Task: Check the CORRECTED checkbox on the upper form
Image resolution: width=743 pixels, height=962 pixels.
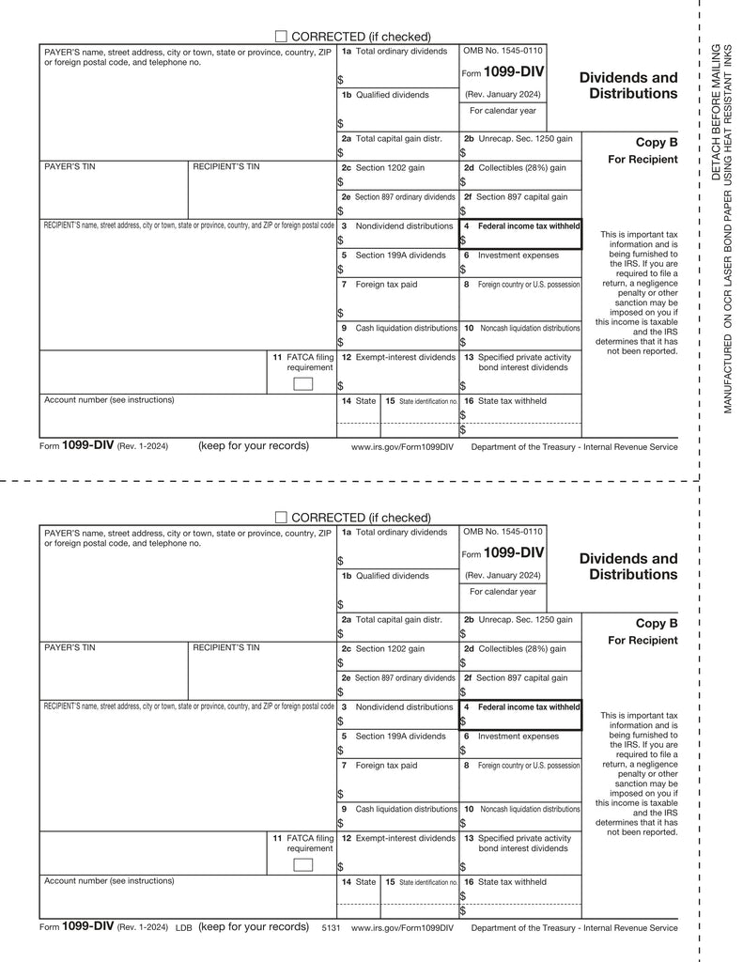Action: pyautogui.click(x=281, y=36)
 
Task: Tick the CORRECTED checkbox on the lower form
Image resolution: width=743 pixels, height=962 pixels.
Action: pyautogui.click(x=281, y=517)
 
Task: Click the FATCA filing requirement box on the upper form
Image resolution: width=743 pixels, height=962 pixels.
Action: pyautogui.click(x=302, y=383)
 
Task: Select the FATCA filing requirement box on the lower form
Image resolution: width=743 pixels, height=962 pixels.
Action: pyautogui.click(x=302, y=864)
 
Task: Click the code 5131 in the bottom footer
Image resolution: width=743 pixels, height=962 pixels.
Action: pyautogui.click(x=331, y=927)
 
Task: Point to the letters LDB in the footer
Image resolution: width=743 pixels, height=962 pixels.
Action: pyautogui.click(x=184, y=927)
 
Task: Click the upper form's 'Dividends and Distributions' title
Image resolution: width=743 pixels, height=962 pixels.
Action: pyautogui.click(x=627, y=85)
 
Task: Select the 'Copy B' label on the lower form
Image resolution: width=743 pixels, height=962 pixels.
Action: pyautogui.click(x=656, y=623)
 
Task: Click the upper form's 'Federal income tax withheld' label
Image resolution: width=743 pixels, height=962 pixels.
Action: pyautogui.click(x=528, y=226)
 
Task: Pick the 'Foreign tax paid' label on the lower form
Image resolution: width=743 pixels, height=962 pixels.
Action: pyautogui.click(x=386, y=766)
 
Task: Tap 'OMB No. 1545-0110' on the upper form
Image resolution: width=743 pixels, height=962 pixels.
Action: pyautogui.click(x=503, y=51)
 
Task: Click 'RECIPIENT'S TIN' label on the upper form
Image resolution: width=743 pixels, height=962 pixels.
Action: pyautogui.click(x=225, y=166)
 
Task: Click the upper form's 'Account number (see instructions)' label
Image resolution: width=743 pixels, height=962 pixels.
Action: pyautogui.click(x=109, y=399)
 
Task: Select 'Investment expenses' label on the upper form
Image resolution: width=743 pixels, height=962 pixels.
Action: pyautogui.click(x=518, y=256)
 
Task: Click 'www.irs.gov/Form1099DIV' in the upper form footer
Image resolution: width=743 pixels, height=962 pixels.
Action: pyautogui.click(x=402, y=447)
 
